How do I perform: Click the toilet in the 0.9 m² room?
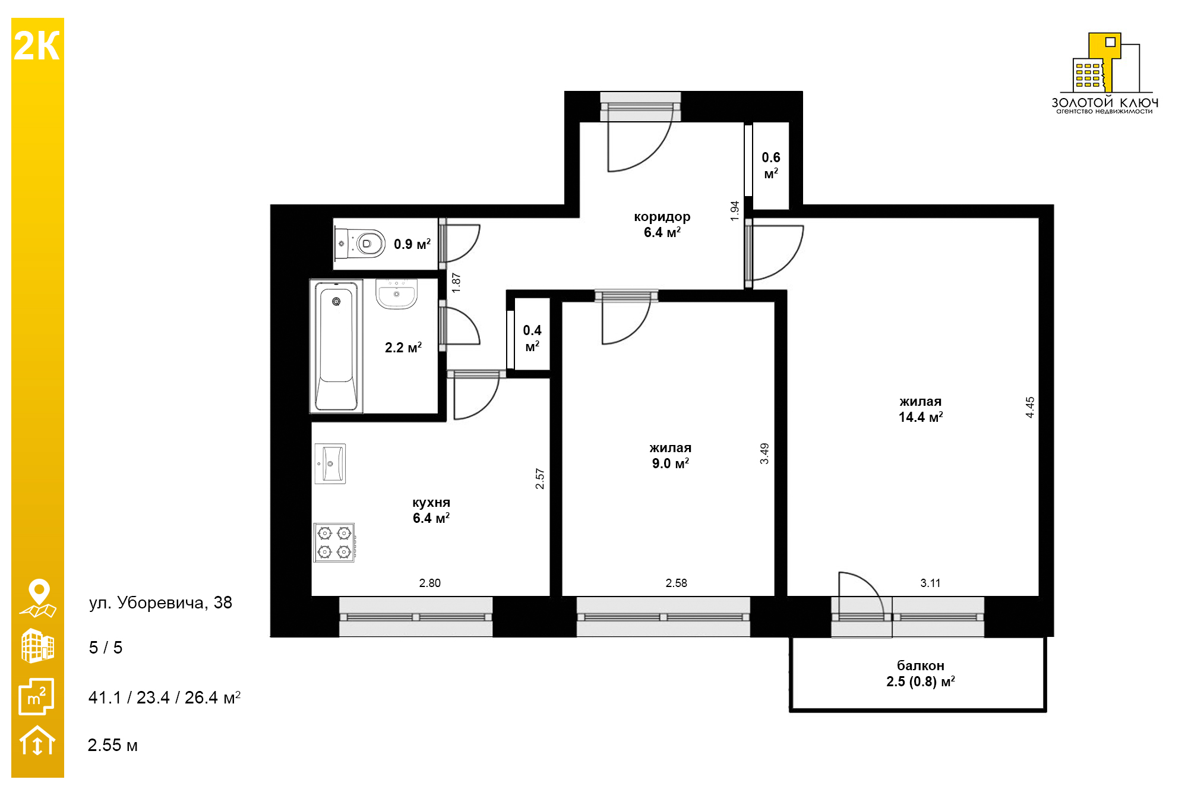(360, 244)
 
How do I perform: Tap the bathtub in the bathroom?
(336, 346)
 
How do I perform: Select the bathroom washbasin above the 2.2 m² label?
(396, 294)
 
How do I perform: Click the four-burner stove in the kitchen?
(334, 542)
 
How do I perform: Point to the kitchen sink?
(330, 463)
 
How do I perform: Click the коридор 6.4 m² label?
(662, 225)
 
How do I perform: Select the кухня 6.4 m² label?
(431, 510)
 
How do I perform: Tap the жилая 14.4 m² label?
(921, 409)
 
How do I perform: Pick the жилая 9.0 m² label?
(671, 456)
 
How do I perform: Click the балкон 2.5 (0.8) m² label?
(921, 674)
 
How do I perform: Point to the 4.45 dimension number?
(1030, 407)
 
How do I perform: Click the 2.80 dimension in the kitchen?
(430, 583)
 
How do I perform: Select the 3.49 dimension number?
(764, 453)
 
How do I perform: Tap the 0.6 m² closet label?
(771, 165)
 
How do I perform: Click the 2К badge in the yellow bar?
(37, 46)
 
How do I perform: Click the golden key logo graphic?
(1106, 63)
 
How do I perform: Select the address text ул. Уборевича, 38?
(160, 602)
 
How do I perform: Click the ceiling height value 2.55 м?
(113, 745)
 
